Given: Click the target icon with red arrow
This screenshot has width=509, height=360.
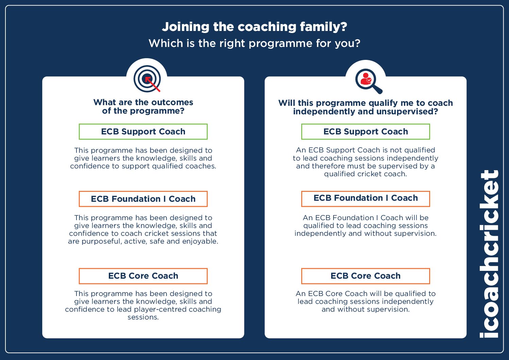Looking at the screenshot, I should (x=147, y=79).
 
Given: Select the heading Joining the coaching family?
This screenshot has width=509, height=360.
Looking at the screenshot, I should (x=254, y=27).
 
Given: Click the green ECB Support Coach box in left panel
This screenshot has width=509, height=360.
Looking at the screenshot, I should (x=143, y=132).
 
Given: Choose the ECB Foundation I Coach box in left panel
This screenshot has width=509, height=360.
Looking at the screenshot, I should (x=143, y=199).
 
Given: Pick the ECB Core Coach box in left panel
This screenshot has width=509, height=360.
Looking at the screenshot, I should (x=143, y=276).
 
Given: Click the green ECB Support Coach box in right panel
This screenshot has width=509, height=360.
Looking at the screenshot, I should (x=366, y=132).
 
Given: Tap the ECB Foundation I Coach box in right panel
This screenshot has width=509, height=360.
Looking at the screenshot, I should (x=366, y=198).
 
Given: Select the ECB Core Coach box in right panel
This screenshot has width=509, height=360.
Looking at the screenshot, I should (x=366, y=276).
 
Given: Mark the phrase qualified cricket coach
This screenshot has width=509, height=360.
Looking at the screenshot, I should (x=366, y=174).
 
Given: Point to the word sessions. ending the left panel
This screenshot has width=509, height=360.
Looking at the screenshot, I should (x=143, y=317).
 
